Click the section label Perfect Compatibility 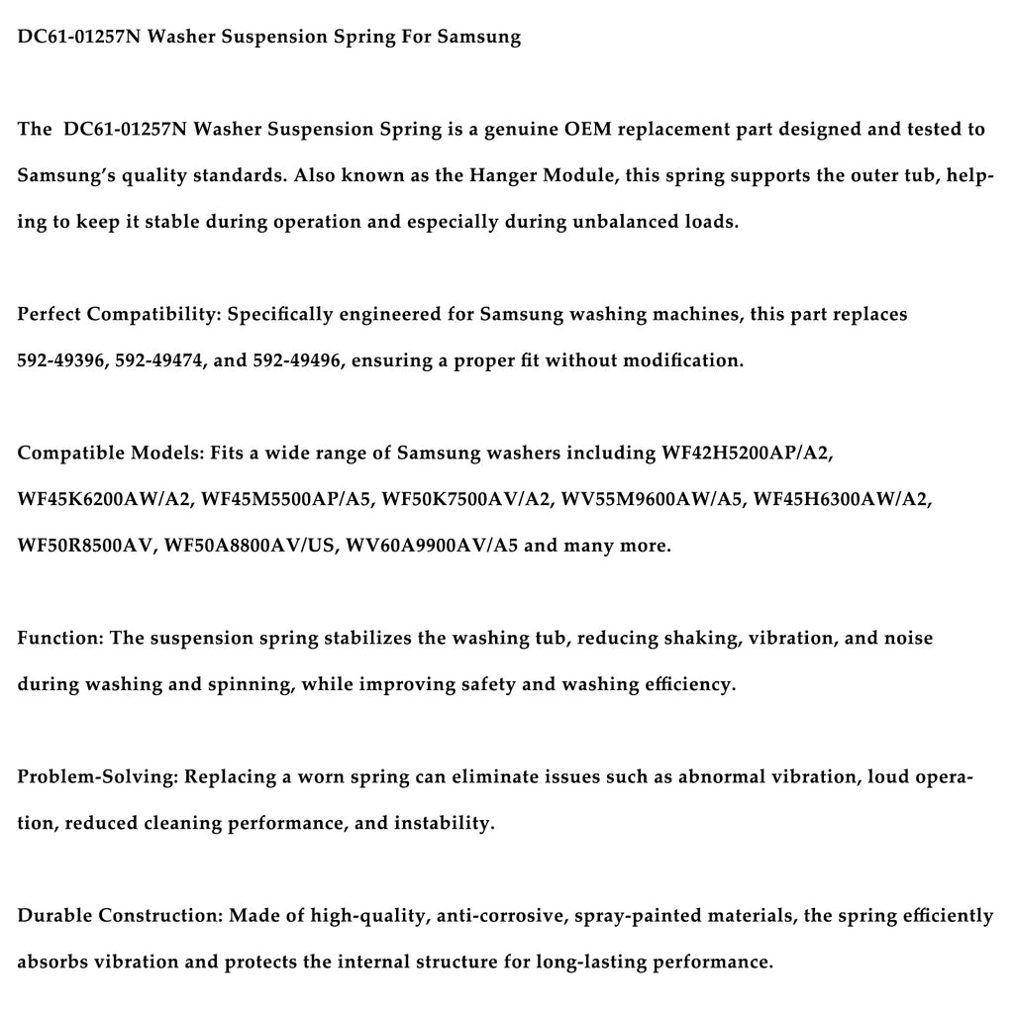119,314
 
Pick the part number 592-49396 60,360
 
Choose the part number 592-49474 157,360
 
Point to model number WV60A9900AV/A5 432,546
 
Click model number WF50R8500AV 86,546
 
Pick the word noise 909,638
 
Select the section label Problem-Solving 96,776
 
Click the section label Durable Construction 120,915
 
